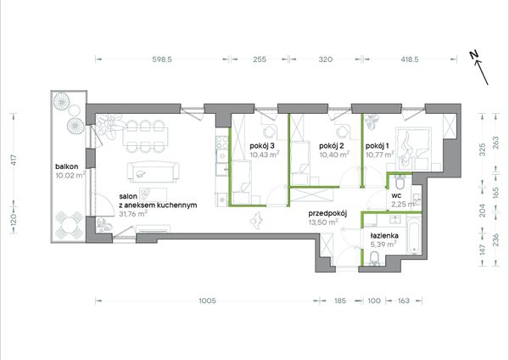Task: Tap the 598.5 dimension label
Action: [162, 59]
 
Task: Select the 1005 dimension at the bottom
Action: [207, 301]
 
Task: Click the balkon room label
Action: [66, 166]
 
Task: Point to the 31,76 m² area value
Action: [133, 214]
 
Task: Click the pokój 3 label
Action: [262, 146]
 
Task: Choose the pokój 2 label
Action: [332, 146]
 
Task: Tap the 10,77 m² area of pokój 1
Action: [380, 155]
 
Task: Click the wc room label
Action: [396, 195]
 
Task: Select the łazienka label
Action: [384, 236]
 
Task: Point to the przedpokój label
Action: [327, 214]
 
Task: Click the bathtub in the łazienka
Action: [414, 236]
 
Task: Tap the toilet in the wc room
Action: [400, 183]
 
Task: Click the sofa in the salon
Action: [154, 172]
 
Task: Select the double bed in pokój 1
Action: [414, 149]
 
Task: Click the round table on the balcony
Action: [69, 225]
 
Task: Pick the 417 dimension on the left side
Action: [14, 160]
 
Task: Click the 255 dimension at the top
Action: [260, 59]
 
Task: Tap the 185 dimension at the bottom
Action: [340, 301]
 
